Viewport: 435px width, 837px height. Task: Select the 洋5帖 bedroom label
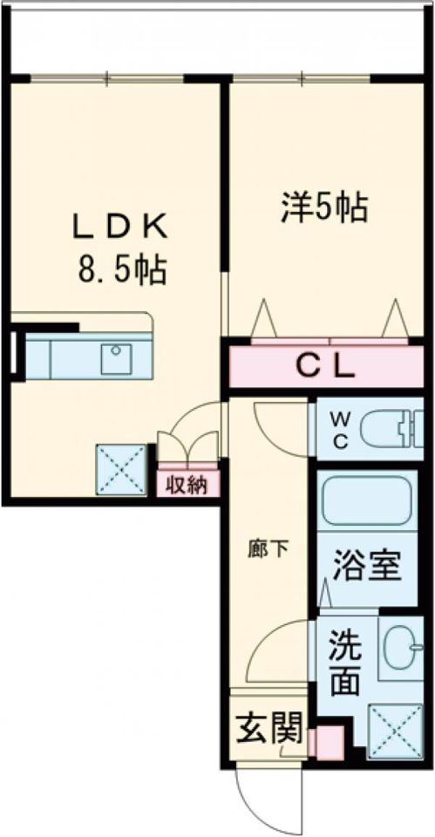[x=323, y=208]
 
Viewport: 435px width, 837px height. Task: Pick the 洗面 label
[x=345, y=663]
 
